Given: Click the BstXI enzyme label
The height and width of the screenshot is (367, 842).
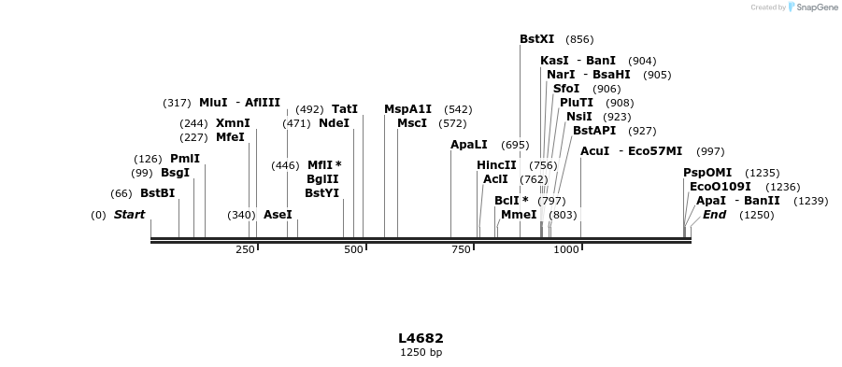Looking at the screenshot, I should pyautogui.click(x=536, y=39).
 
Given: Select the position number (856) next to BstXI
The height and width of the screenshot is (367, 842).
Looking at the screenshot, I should pyautogui.click(x=579, y=39).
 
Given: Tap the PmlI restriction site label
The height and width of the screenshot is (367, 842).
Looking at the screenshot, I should pyautogui.click(x=185, y=159).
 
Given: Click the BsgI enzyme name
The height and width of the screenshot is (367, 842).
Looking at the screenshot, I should pyautogui.click(x=175, y=173).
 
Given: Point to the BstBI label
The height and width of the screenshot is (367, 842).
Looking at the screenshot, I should pyautogui.click(x=157, y=193).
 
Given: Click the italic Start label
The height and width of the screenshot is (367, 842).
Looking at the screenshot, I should pyautogui.click(x=129, y=215).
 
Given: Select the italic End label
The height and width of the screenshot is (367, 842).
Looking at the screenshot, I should pyautogui.click(x=714, y=215).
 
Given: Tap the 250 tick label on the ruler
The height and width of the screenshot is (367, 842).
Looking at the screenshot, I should pyautogui.click(x=245, y=250).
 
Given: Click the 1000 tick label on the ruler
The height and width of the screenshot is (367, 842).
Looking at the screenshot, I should pyautogui.click(x=566, y=250).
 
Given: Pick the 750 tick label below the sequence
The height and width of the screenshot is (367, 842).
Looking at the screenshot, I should pyautogui.click(x=461, y=250).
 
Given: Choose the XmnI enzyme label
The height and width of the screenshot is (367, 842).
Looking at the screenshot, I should pyautogui.click(x=233, y=123).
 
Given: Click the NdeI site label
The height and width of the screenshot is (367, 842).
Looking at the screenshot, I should pyautogui.click(x=334, y=123).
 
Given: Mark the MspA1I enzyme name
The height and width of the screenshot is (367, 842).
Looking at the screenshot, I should pyautogui.click(x=407, y=109).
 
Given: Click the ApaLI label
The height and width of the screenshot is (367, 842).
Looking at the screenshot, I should pyautogui.click(x=469, y=145).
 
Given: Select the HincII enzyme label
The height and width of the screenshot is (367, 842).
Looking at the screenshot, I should pyautogui.click(x=496, y=165).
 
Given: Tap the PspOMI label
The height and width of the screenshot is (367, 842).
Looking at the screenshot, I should pyautogui.click(x=707, y=173).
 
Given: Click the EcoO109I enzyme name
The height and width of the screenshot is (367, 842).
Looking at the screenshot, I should pyautogui.click(x=720, y=187).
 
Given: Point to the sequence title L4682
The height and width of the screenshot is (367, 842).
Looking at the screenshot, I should pyautogui.click(x=421, y=338).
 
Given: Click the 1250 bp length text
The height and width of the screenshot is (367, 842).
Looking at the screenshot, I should pyautogui.click(x=421, y=352).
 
